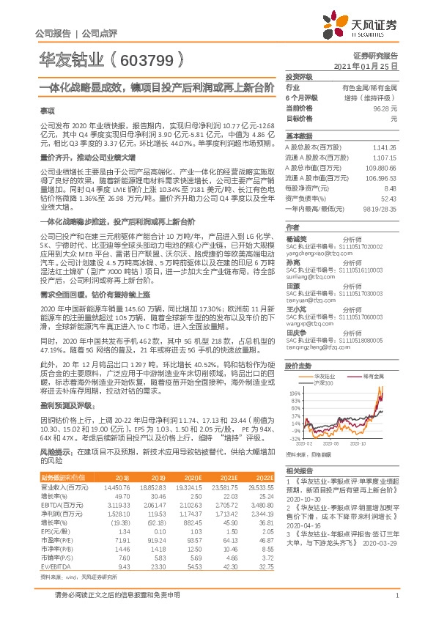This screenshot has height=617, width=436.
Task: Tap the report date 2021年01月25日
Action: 365,65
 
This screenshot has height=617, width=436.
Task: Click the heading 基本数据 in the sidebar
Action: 298,136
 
